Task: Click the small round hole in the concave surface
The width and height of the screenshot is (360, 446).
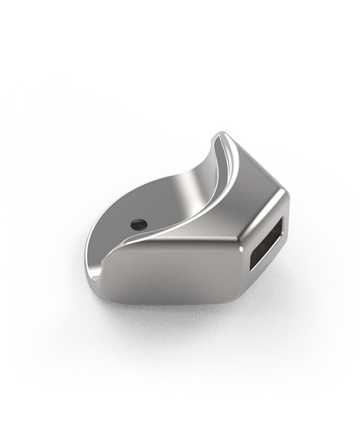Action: [x=139, y=224]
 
